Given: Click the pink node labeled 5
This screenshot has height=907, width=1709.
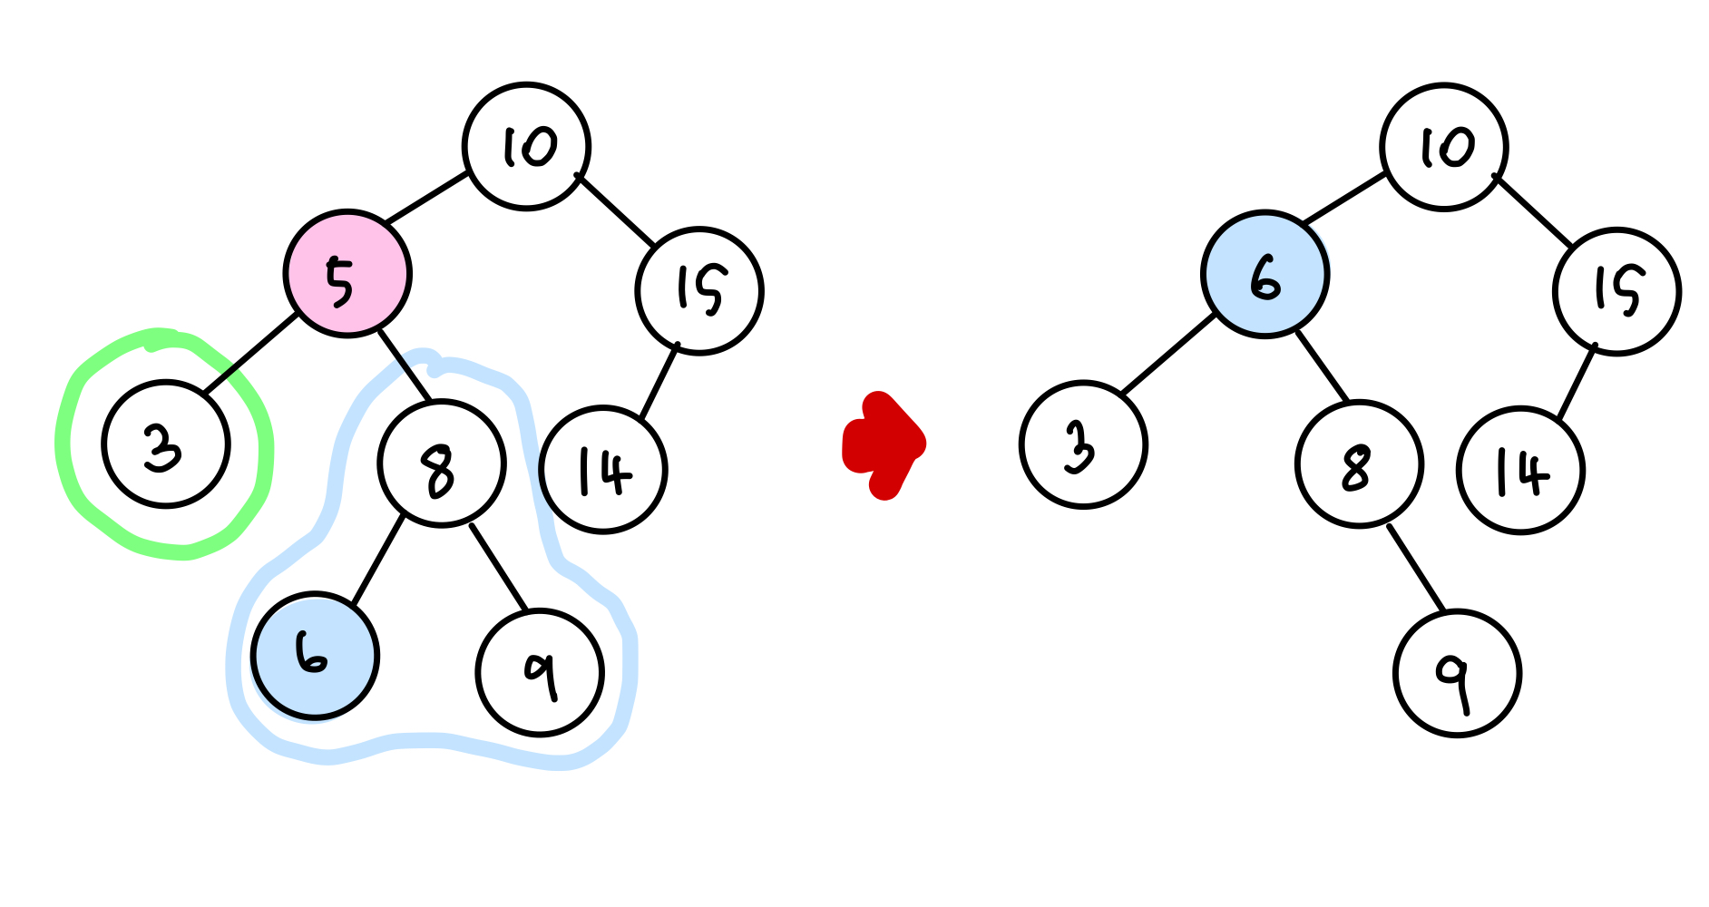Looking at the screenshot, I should [347, 274].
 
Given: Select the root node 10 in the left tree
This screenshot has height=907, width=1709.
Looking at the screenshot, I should [526, 147].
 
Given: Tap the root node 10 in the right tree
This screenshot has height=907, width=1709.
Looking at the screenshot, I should [1443, 147].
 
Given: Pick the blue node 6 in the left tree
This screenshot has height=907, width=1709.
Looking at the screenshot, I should [314, 656].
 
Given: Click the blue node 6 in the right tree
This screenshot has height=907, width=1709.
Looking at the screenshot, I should [1265, 274].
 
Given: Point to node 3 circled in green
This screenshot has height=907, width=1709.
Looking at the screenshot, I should [166, 444].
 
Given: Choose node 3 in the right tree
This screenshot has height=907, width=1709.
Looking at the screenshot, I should [1083, 444].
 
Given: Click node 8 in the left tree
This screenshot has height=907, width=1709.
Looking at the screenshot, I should [441, 463].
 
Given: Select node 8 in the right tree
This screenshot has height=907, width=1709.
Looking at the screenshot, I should [1359, 463].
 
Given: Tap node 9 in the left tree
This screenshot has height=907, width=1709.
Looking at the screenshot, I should [540, 672].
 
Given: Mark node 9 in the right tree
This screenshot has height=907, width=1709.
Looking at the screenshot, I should [1457, 674].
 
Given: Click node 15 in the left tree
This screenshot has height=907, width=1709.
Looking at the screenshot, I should [699, 291].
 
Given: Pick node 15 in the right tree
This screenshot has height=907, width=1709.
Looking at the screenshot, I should [1616, 291].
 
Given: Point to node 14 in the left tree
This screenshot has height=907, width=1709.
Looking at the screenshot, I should [603, 470].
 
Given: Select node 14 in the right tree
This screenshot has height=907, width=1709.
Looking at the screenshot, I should [1520, 470].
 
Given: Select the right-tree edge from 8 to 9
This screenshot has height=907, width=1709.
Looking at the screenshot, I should [1415, 568].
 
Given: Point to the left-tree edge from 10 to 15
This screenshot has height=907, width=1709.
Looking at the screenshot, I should [616, 210].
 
